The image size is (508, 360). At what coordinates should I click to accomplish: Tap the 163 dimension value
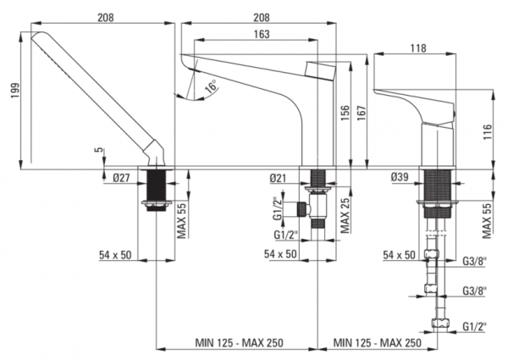(x=262, y=34)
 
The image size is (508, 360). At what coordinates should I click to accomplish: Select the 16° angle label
(x=212, y=87)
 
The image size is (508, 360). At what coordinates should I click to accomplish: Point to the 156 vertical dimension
(x=345, y=113)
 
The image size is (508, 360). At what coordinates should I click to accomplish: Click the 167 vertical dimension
(x=362, y=113)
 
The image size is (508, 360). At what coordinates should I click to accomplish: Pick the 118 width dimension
(x=418, y=48)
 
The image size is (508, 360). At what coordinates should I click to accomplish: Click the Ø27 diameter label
(x=121, y=178)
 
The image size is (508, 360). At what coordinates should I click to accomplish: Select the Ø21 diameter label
(x=278, y=178)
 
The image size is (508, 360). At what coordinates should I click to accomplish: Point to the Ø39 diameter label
(x=400, y=177)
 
